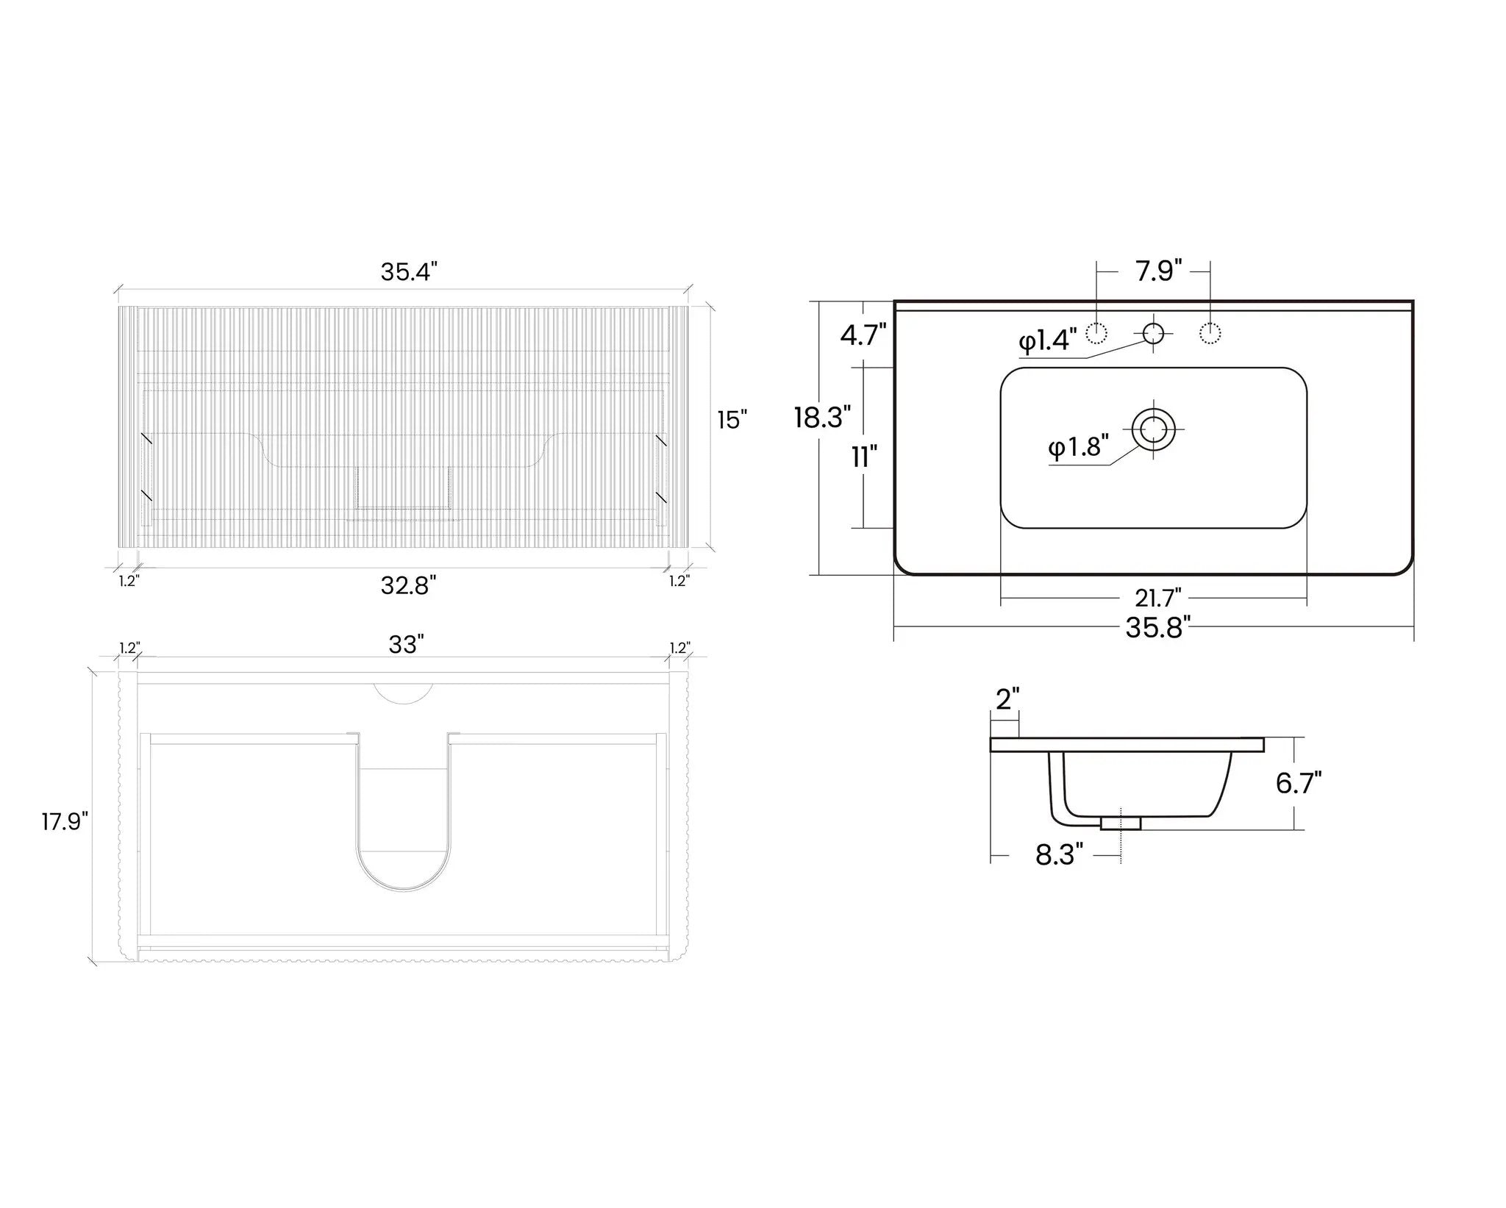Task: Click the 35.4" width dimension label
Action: point(409,271)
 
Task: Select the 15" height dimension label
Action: point(732,420)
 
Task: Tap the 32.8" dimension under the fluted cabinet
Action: point(409,585)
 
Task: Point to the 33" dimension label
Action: point(407,644)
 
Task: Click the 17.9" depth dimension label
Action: point(65,822)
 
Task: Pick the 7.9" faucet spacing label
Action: point(1158,271)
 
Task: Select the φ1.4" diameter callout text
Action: point(1048,340)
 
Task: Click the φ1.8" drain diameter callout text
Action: point(1079,446)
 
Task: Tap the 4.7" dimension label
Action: point(864,335)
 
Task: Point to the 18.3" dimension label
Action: point(822,417)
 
